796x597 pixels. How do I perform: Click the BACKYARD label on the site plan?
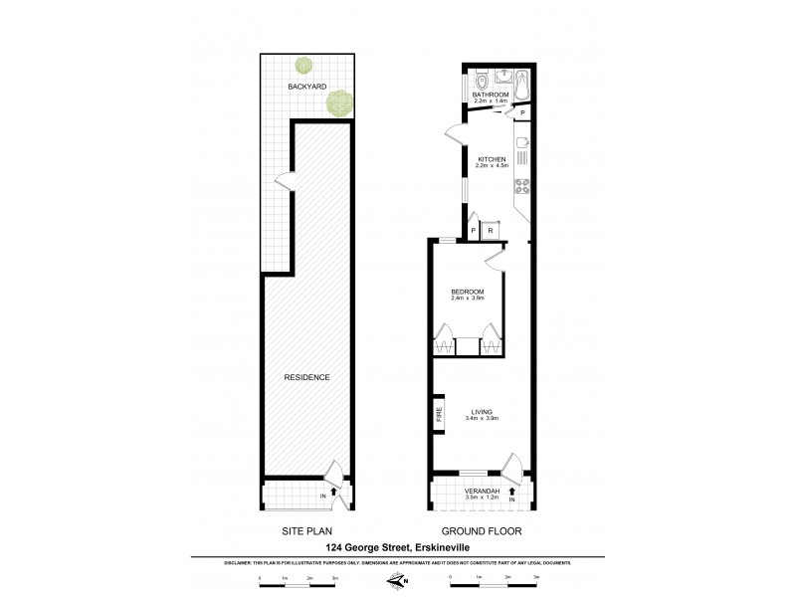(307, 88)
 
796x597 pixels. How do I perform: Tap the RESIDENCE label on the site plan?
(307, 377)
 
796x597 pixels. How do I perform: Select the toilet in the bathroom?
(481, 80)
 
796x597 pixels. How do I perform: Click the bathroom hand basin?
(503, 75)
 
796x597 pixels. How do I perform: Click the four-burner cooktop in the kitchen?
(523, 189)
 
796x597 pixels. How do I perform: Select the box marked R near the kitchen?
(490, 231)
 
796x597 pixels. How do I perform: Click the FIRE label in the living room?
(438, 414)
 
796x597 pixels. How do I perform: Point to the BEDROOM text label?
(467, 291)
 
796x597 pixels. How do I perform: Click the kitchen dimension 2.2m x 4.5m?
(493, 166)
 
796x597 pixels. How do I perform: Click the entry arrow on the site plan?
(334, 490)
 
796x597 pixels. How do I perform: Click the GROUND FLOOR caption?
(483, 531)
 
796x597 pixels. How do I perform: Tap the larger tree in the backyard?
(341, 101)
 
